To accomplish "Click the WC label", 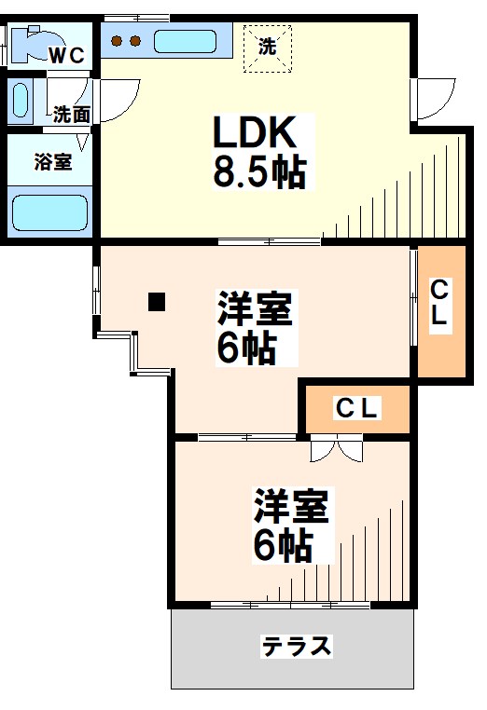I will [x=66, y=55].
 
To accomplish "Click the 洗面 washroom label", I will [x=71, y=115].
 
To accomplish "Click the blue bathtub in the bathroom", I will [x=50, y=212].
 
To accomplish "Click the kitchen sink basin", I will [x=185, y=42].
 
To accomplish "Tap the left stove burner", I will [x=118, y=41].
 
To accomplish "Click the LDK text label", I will [x=254, y=134].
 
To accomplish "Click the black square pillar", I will [x=157, y=301].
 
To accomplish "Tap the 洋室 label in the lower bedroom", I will [x=291, y=508].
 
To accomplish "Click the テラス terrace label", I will [x=297, y=647].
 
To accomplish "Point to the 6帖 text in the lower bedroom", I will [x=283, y=545].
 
